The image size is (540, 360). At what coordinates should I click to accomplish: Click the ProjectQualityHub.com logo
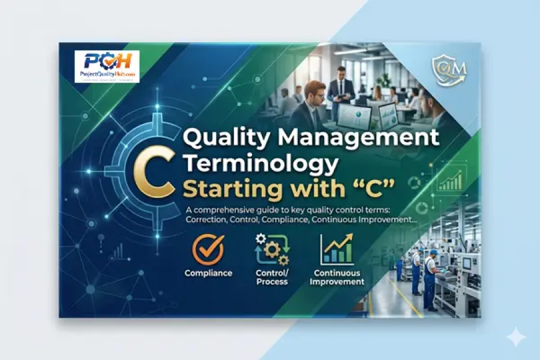107,66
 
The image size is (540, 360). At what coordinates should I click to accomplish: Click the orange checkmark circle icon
208,250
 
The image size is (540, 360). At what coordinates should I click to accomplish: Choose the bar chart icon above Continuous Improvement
338,249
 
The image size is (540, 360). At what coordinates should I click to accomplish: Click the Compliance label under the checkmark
208,273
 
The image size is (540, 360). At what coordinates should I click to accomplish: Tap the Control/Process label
272,277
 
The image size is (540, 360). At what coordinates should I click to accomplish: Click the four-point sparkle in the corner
515,337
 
